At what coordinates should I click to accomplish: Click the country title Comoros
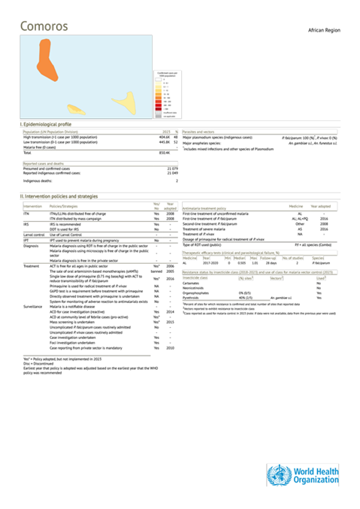pos(44,26)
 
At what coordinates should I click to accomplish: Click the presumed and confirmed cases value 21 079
pos(171,168)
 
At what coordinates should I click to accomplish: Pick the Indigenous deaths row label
pos(38,180)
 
